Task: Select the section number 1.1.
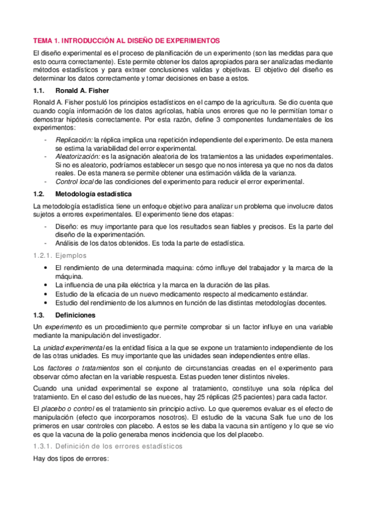pyautogui.click(x=40, y=90)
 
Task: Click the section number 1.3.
pyautogui.click(x=40, y=315)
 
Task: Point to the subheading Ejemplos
pyautogui.click(x=73, y=256)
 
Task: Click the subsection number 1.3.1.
pyautogui.click(x=45, y=446)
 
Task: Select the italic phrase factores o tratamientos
pyautogui.click(x=82, y=368)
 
